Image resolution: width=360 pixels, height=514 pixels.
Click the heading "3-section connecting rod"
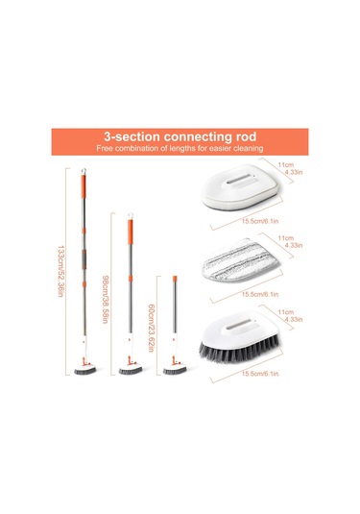pyautogui.click(x=180, y=136)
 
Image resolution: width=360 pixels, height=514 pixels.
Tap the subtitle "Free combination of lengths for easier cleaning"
pyautogui.click(x=180, y=148)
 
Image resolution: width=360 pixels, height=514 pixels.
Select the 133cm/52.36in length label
pyautogui.click(x=60, y=272)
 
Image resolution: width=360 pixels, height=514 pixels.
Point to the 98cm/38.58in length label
pyautogui.click(x=106, y=300)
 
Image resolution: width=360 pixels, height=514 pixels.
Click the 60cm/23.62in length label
pyautogui.click(x=151, y=328)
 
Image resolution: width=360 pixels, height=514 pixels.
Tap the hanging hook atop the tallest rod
pyautogui.click(x=84, y=171)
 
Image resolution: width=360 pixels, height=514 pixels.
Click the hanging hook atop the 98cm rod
pyautogui.click(x=131, y=216)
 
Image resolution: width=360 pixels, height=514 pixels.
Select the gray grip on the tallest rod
pyautogui.click(x=84, y=259)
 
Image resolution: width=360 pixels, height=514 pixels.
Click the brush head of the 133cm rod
pyautogui.click(x=85, y=370)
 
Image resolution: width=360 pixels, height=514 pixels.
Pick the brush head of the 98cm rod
pyautogui.click(x=131, y=370)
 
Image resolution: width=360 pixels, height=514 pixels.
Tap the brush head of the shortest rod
pyautogui.click(x=175, y=370)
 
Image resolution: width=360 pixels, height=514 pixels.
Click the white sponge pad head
pyautogui.click(x=241, y=187)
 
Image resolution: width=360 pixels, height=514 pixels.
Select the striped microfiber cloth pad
pyautogui.click(x=240, y=260)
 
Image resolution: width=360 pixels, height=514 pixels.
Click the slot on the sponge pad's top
pyautogui.click(x=239, y=179)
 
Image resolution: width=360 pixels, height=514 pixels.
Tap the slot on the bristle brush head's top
pyautogui.click(x=239, y=325)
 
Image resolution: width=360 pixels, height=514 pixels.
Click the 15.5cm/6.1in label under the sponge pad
pyautogui.click(x=260, y=221)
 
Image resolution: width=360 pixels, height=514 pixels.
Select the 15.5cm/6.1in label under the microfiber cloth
pyautogui.click(x=260, y=294)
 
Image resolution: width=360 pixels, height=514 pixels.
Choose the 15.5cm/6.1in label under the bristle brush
pyautogui.click(x=260, y=374)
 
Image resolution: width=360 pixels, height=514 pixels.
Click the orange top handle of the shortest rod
pyautogui.click(x=175, y=279)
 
